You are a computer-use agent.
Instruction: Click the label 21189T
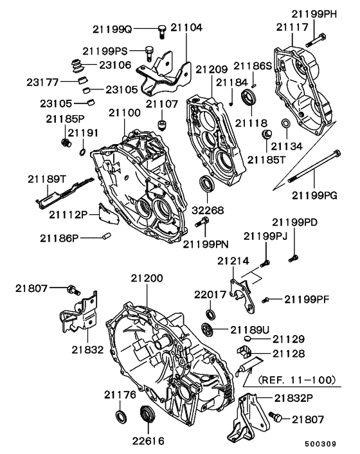coord(47,178)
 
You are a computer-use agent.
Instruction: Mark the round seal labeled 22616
coord(147,415)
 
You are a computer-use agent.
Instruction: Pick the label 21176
coord(121,394)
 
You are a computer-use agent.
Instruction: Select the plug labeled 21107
coord(161,122)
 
